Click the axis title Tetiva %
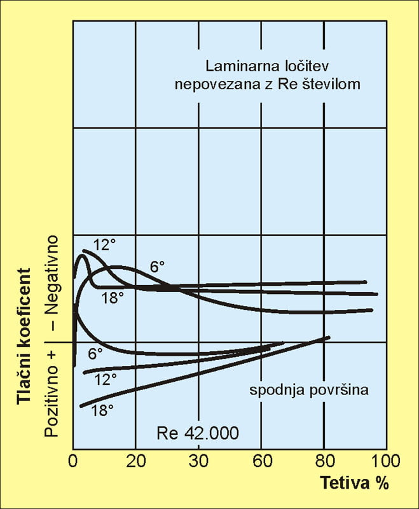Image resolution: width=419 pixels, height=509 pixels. [353, 483]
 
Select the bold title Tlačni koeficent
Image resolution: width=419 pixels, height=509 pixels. [24, 337]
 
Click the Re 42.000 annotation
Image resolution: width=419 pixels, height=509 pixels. [198, 433]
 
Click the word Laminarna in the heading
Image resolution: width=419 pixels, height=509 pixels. [237, 66]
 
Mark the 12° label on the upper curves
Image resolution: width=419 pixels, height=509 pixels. [104, 244]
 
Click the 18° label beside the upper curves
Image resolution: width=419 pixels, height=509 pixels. [113, 297]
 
